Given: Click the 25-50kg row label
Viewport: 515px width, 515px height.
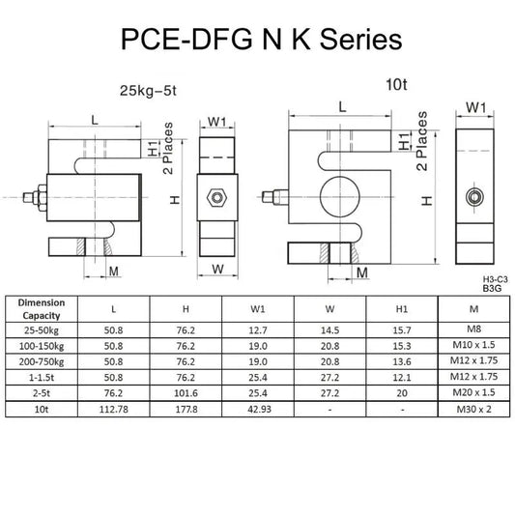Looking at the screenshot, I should [42, 330].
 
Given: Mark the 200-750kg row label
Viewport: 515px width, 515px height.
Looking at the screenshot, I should [42, 362].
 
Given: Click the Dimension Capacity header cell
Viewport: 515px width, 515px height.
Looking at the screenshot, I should [42, 307].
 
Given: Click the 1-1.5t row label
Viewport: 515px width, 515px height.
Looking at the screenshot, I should [42, 379].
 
